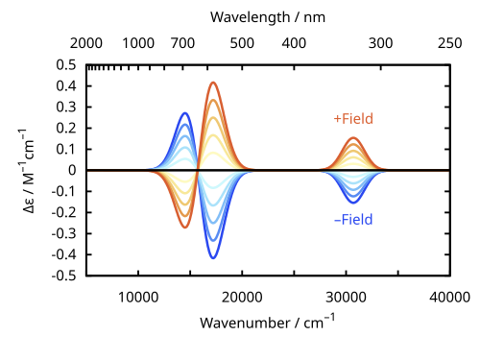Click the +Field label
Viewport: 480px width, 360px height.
[x=353, y=119]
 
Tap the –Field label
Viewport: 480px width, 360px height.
[x=353, y=220]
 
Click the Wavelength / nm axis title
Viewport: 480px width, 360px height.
[x=268, y=17]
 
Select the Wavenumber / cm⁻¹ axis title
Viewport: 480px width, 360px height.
[x=268, y=322]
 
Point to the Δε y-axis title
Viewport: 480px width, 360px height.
[x=28, y=171]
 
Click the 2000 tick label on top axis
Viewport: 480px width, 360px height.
[x=86, y=43]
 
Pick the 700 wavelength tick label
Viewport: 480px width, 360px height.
[x=182, y=43]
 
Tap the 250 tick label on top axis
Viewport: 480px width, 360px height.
[x=450, y=43]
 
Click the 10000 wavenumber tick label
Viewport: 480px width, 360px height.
[x=138, y=298]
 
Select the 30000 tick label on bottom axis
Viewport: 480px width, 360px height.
[x=346, y=298]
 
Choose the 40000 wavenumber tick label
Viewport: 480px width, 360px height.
[x=449, y=298]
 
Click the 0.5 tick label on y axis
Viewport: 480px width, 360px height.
[x=66, y=65]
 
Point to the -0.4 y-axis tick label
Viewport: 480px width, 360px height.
[x=64, y=255]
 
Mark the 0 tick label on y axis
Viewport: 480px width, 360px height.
[x=72, y=170]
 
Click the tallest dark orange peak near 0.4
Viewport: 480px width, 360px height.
[x=213, y=83]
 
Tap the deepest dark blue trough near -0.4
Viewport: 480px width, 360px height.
[x=213, y=258]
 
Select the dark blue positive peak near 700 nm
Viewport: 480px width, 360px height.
[x=185, y=113]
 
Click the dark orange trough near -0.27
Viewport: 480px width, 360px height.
[x=185, y=228]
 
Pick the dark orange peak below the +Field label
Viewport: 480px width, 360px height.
[x=353, y=138]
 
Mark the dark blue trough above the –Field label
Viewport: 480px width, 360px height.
[x=353, y=203]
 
